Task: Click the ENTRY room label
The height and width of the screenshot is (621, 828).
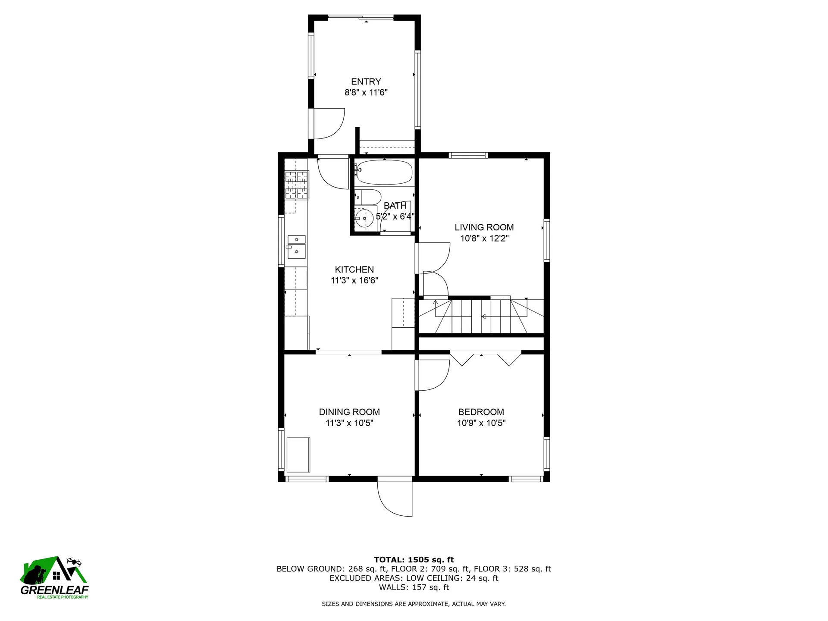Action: point(366,82)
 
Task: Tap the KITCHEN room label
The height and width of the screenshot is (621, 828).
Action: point(354,270)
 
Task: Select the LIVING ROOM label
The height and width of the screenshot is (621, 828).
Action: point(484,227)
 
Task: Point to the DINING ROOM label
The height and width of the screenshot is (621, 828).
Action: point(349,412)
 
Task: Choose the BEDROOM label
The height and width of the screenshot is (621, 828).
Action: point(481,412)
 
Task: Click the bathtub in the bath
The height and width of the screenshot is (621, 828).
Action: point(383,172)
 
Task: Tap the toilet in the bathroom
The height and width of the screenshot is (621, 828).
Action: point(368,197)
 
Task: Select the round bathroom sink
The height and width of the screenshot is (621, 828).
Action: point(364,218)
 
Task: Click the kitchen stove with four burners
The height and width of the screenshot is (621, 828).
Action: point(297,185)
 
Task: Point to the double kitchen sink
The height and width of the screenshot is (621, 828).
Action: point(297,247)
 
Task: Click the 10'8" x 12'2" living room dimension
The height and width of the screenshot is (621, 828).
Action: point(484,238)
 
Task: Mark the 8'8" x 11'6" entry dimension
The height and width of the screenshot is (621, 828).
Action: point(366,92)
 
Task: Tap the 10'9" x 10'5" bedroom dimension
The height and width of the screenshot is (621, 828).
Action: point(481,423)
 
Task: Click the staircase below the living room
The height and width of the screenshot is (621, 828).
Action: point(481,316)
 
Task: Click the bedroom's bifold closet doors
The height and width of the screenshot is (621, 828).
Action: point(486,359)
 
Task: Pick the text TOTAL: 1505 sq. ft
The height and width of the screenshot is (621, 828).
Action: point(414,560)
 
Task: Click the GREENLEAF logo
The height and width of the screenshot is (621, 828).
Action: point(54,577)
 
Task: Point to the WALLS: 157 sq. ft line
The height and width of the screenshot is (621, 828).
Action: point(414,587)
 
